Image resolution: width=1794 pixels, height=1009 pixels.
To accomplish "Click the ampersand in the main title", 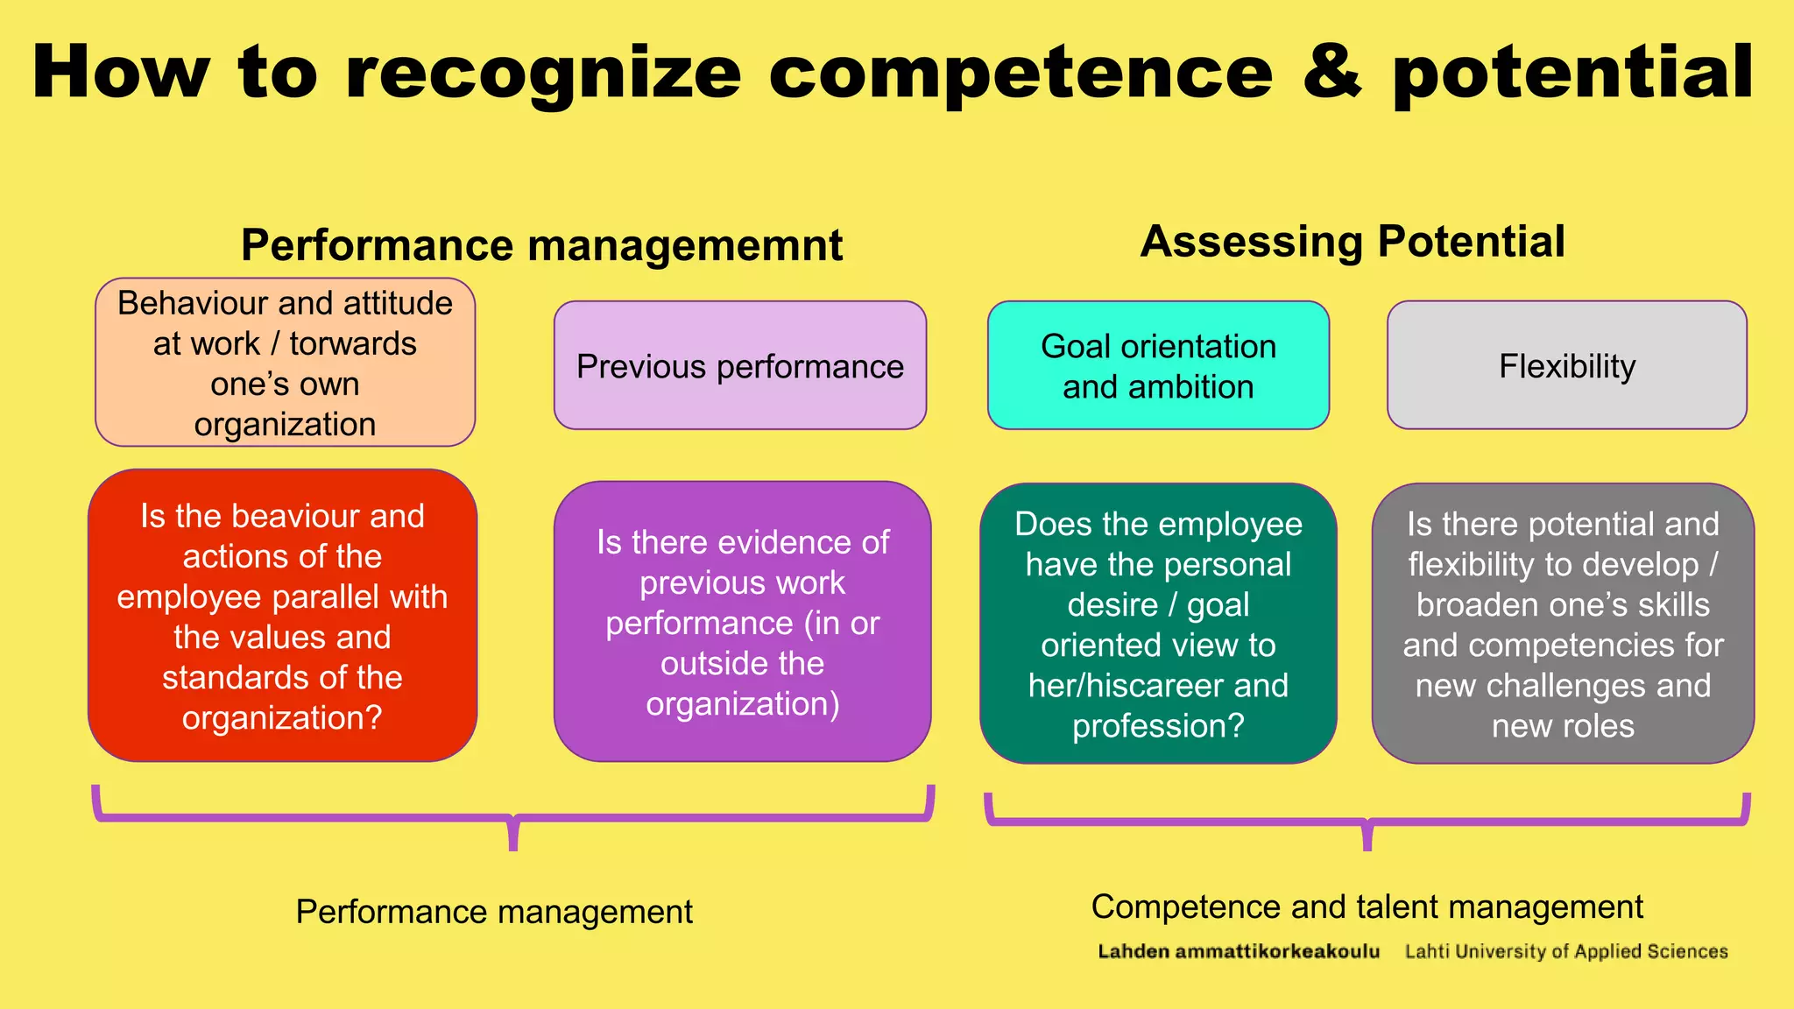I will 1332,73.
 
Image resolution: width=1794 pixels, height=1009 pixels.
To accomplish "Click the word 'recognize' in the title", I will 543,74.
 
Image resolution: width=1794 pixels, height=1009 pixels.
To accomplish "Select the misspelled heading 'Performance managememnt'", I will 541,244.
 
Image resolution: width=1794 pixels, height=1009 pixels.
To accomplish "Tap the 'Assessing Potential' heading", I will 1352,241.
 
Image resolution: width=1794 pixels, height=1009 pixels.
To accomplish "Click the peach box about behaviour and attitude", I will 285,363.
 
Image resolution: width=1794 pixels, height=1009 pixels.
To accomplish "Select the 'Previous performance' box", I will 739,366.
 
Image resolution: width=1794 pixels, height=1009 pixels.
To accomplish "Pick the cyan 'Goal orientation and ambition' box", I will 1158,366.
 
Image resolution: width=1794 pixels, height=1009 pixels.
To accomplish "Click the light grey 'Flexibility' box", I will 1566,366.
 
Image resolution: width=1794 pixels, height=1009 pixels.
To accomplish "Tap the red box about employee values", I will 282,616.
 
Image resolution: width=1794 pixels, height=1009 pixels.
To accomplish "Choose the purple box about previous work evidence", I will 742,622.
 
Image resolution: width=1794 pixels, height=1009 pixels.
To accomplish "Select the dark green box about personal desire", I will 1158,624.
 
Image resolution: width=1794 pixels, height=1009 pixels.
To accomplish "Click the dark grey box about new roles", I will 1563,624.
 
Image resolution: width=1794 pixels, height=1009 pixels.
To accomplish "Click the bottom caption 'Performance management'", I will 494,912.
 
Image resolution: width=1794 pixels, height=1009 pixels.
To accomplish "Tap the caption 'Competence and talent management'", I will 1367,907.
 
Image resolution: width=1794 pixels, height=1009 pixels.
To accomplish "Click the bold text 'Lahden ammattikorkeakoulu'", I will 1239,951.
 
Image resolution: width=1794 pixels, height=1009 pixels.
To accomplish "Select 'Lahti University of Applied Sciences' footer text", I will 1566,951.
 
